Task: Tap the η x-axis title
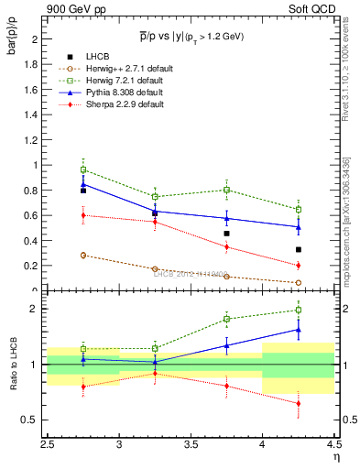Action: click(335, 455)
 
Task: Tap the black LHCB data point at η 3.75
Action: click(226, 234)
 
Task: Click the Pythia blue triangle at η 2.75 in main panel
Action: click(83, 184)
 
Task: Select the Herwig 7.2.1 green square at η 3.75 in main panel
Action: click(226, 190)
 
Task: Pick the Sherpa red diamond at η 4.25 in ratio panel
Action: click(298, 403)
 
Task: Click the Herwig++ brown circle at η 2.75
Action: click(83, 256)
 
